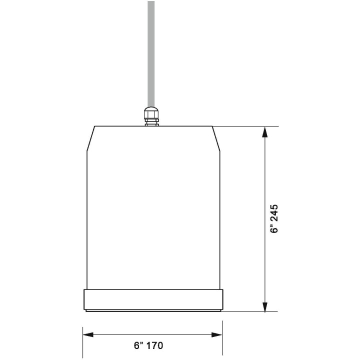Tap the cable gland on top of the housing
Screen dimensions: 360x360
pyautogui.click(x=151, y=116)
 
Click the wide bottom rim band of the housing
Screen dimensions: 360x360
pyautogui.click(x=152, y=299)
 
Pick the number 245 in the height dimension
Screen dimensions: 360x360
pyautogui.click(x=274, y=212)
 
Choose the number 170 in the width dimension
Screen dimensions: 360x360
pyautogui.click(x=155, y=345)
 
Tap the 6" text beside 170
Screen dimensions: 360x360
pyautogui.click(x=138, y=345)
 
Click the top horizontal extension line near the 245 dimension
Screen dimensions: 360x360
pyautogui.click(x=245, y=126)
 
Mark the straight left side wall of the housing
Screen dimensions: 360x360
pyautogui.click(x=87, y=220)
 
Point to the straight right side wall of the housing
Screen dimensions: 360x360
pyautogui.click(x=219, y=220)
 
